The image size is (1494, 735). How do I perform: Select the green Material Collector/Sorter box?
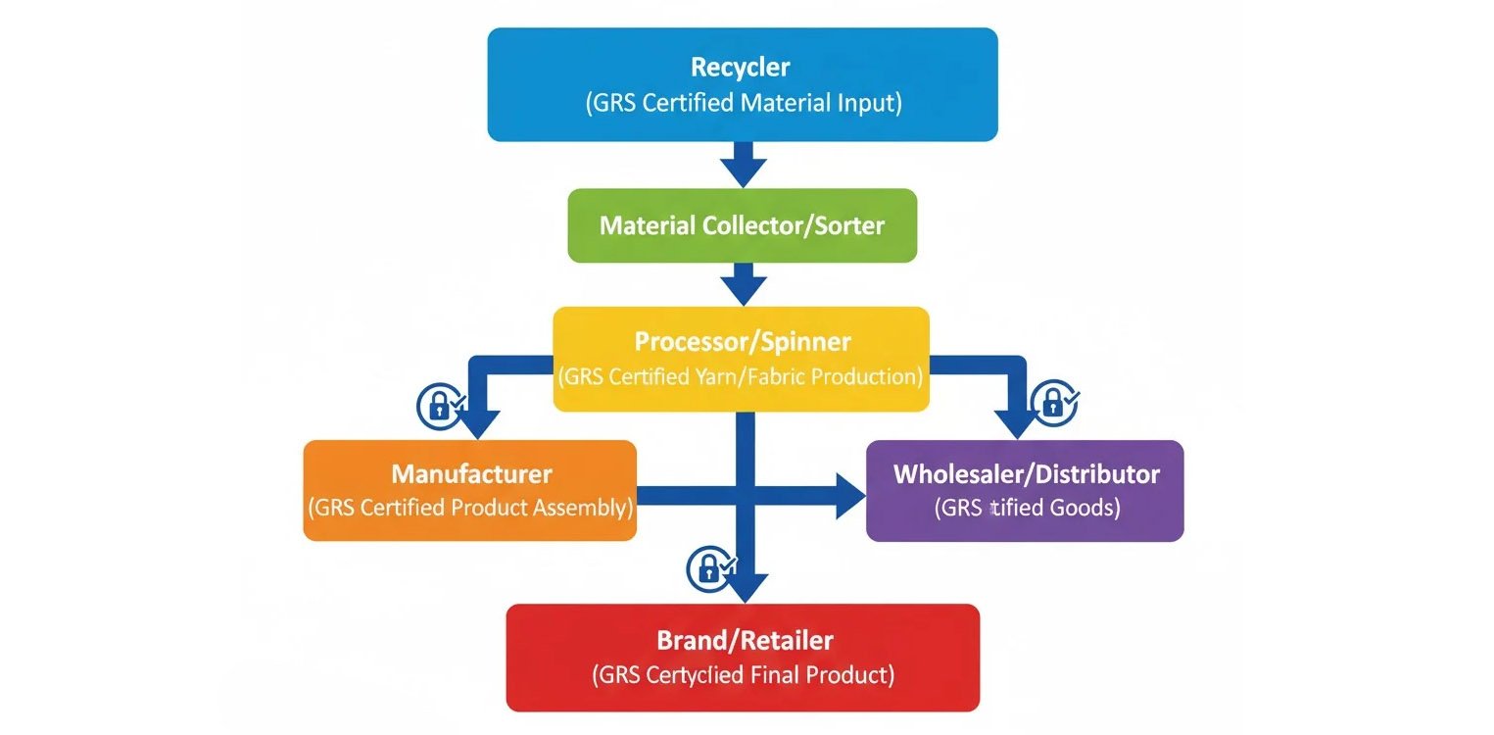point(742,225)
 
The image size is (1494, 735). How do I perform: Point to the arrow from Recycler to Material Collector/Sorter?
point(744,164)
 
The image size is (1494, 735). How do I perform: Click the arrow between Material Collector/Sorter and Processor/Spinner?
point(744,284)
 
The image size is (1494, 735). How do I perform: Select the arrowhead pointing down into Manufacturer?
point(476,423)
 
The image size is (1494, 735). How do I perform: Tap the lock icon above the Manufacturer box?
point(438,406)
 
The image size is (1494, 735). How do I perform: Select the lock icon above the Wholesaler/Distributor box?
point(1053,402)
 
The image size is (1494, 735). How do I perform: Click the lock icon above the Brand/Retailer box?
point(709,568)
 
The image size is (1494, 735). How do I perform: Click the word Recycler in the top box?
point(741,68)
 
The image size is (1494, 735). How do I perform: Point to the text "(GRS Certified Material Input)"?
point(742,103)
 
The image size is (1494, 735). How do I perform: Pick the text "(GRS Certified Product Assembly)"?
point(470,509)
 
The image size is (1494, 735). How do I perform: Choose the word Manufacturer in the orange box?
point(471,474)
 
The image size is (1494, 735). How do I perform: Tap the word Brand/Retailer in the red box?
point(745,641)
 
